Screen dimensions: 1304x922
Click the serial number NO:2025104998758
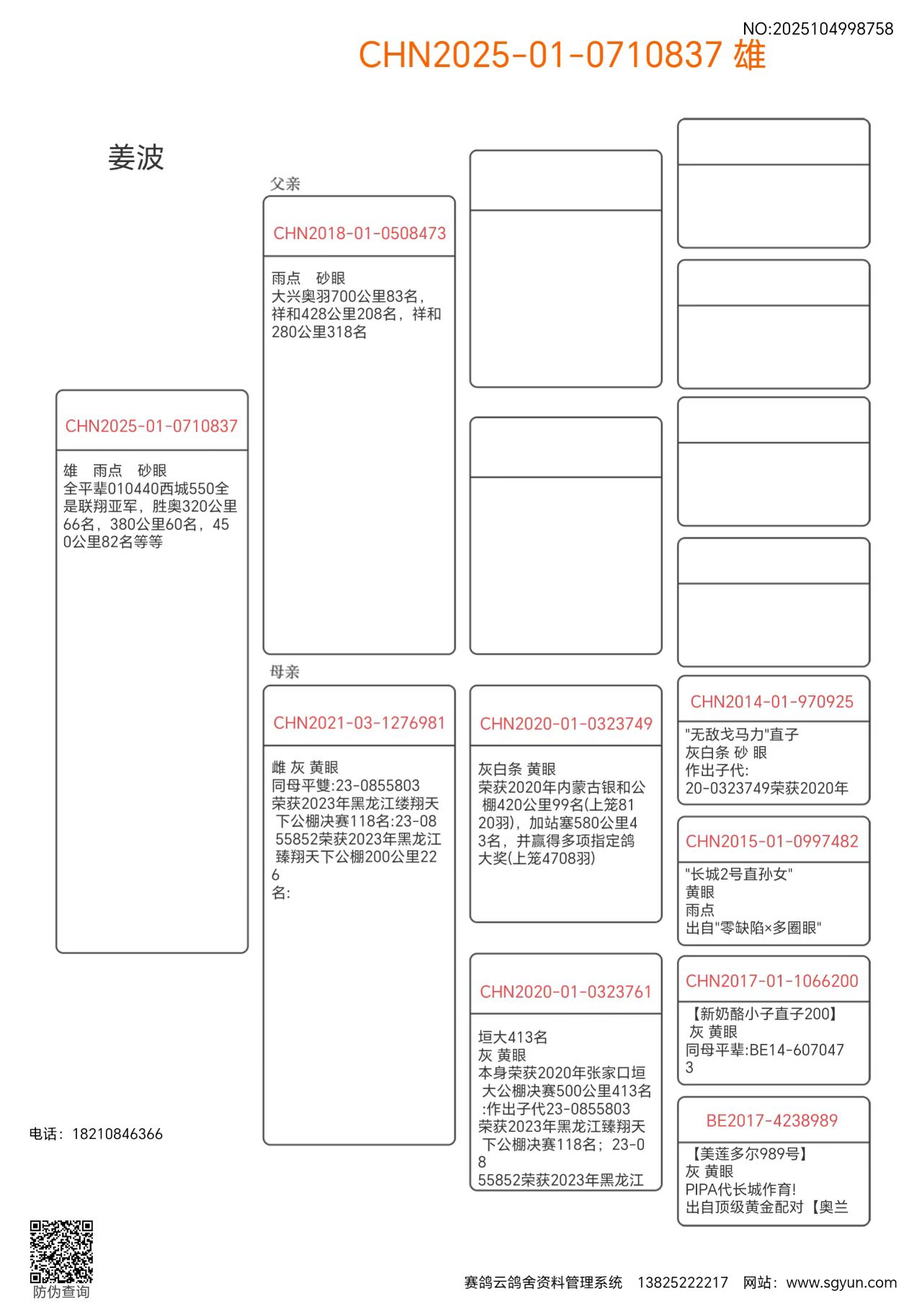[818, 29]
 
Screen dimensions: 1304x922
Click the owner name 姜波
[136, 158]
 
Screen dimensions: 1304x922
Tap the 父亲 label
[285, 184]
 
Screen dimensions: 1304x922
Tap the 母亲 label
[285, 672]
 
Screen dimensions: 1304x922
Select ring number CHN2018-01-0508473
[359, 233]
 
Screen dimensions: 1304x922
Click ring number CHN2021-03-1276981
[359, 723]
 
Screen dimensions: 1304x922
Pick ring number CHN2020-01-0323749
[566, 724]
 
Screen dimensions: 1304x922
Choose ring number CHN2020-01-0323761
[565, 992]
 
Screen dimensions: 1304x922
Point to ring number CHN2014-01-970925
[772, 702]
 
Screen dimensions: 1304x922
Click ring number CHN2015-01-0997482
[772, 841]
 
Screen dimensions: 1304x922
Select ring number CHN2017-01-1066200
[772, 981]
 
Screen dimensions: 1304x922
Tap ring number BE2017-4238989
[772, 1121]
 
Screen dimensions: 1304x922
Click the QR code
[61, 1251]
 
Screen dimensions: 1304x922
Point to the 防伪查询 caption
[61, 1292]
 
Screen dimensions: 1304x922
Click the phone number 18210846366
[117, 1134]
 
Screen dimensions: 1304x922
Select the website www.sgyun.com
[841, 1282]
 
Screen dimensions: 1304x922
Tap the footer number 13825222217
[683, 1282]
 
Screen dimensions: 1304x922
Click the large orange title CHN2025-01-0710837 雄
[562, 55]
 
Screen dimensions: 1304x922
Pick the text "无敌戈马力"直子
[742, 734]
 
